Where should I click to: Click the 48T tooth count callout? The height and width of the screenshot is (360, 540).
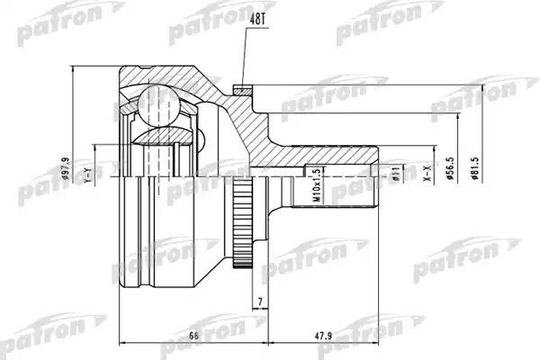point(257,20)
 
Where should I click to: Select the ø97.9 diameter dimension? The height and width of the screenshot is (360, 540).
point(66,169)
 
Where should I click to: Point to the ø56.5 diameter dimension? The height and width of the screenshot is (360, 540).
point(450,168)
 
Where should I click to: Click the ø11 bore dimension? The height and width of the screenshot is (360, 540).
point(395,174)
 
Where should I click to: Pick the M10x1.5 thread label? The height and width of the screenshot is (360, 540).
point(317,185)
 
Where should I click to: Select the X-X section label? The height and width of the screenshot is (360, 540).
point(427,174)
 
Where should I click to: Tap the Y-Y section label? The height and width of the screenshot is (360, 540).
point(88,175)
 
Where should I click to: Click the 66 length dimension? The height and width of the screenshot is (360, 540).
point(194,335)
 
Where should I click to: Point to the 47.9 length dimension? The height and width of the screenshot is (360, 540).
point(322,335)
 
